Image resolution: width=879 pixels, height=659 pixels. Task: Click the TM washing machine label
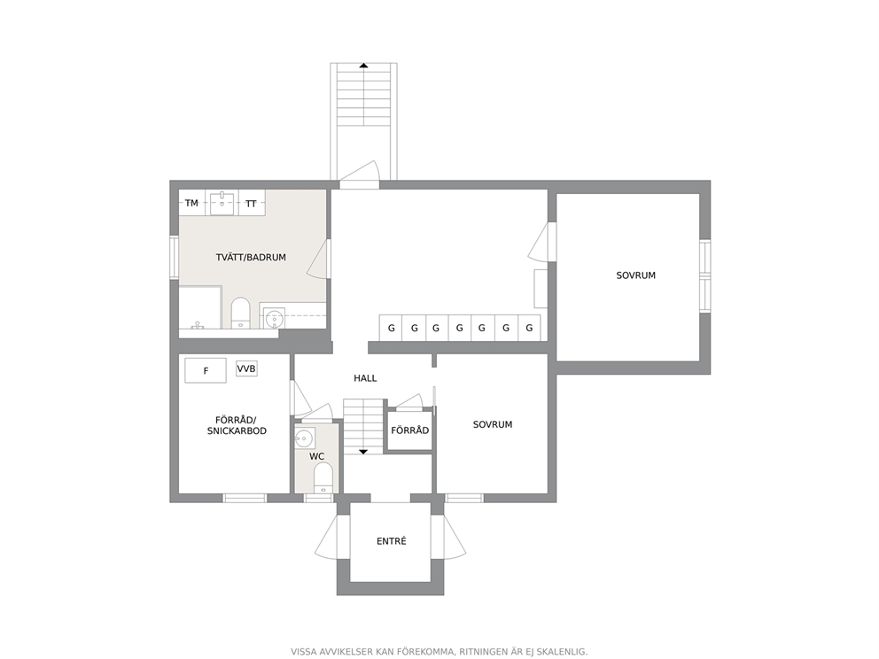(x=191, y=203)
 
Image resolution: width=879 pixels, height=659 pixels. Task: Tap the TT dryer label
(x=251, y=204)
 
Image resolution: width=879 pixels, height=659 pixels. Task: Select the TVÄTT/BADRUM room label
(x=251, y=257)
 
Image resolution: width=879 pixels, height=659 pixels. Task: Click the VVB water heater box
(x=246, y=368)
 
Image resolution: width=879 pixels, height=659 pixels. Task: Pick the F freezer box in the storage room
(x=206, y=370)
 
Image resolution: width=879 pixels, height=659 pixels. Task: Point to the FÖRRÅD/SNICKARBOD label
(x=237, y=425)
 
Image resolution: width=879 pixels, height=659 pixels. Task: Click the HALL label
(x=365, y=378)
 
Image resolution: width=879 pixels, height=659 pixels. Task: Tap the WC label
(x=316, y=457)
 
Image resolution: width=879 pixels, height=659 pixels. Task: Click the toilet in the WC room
(x=323, y=479)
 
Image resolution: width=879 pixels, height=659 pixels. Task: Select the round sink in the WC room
(x=305, y=437)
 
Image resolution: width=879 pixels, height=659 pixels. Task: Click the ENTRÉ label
(x=392, y=541)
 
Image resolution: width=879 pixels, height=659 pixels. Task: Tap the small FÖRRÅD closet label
(x=409, y=430)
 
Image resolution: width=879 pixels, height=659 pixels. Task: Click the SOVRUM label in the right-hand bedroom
(x=635, y=275)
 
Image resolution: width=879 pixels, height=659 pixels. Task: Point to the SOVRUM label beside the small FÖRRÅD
(x=492, y=425)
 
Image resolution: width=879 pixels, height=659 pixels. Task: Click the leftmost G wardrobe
(x=392, y=328)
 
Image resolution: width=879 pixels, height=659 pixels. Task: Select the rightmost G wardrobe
(x=529, y=328)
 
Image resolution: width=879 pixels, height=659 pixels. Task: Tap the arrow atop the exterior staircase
(x=364, y=66)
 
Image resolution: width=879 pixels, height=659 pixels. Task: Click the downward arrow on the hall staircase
(x=363, y=451)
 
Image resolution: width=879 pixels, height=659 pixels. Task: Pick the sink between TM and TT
(x=222, y=202)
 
